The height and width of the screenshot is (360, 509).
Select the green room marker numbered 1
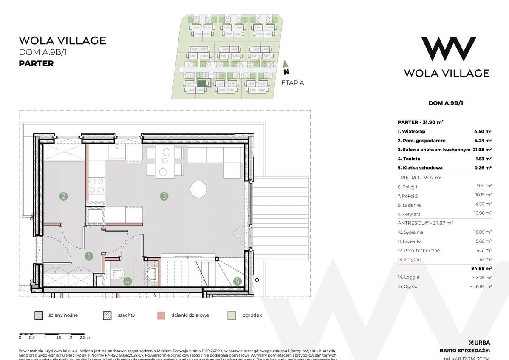(89, 256)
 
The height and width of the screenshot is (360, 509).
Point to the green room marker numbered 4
(127, 281)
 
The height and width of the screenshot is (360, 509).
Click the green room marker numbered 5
(237, 281)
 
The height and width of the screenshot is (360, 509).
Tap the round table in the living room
(198, 189)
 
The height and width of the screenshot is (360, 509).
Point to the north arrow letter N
(286, 72)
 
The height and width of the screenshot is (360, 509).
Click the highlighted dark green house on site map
(202, 84)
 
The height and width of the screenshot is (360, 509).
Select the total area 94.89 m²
(481, 268)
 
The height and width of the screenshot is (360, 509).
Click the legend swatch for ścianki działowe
(161, 315)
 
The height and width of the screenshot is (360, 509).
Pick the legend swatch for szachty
(107, 315)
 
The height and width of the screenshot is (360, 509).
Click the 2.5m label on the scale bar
(84, 337)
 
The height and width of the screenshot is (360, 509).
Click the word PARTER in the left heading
(36, 64)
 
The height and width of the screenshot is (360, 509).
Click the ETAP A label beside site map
(293, 83)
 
